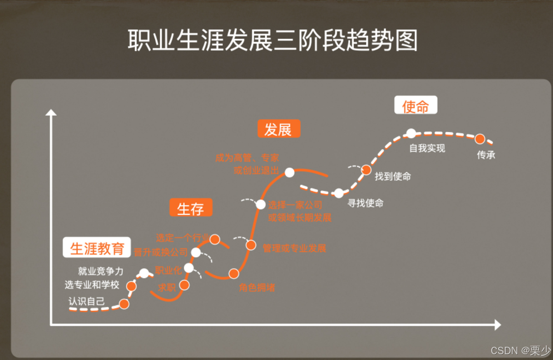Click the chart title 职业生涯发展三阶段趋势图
pos(272,40)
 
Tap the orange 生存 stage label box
pos(191,208)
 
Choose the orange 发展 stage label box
pos(279,129)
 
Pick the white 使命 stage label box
pos(415,106)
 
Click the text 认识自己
pos(87,301)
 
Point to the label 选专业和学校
pos(92,285)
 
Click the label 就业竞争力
pos(101,271)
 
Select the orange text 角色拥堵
pos(257,288)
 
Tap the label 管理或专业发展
pos(294,248)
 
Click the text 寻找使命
pos(366,203)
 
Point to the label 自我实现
pos(427,148)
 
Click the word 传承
pos(486,155)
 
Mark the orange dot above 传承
pos(480,139)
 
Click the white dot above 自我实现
pos(411,133)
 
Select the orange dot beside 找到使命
pos(366,170)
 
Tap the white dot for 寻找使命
pos(339,193)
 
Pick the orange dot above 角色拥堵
pos(234,274)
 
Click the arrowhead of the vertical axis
pos(51,112)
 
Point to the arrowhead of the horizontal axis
pos(497,325)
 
